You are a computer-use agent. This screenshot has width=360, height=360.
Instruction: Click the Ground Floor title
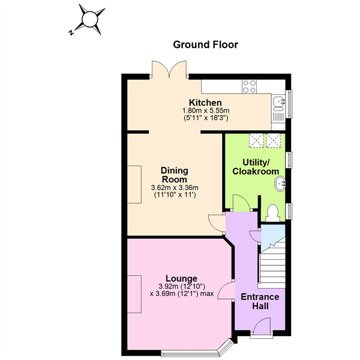click(x=205, y=45)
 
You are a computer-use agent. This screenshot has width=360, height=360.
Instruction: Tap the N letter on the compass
click(x=71, y=32)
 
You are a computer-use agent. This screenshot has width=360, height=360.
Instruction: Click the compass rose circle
click(x=90, y=19)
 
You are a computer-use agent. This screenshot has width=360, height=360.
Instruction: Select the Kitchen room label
click(x=205, y=103)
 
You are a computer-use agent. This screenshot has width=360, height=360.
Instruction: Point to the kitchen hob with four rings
click(x=250, y=86)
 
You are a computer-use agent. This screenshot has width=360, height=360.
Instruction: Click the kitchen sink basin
click(x=278, y=101)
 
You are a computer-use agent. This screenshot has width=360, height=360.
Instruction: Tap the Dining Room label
click(x=175, y=175)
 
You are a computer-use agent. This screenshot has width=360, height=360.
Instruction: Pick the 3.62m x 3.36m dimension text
click(x=175, y=188)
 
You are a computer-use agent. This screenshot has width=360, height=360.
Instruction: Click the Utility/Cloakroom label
click(x=256, y=167)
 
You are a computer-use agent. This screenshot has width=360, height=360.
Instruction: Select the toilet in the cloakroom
click(x=273, y=213)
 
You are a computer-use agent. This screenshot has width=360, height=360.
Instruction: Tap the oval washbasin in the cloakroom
click(x=280, y=184)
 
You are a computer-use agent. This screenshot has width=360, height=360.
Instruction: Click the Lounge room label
click(x=181, y=278)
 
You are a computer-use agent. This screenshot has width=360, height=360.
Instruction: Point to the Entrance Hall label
click(x=260, y=301)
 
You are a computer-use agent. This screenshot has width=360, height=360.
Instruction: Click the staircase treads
click(x=272, y=264)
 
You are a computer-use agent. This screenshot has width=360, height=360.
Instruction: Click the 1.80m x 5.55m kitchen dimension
click(x=206, y=110)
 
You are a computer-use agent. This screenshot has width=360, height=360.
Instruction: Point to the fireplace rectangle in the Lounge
click(x=134, y=294)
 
